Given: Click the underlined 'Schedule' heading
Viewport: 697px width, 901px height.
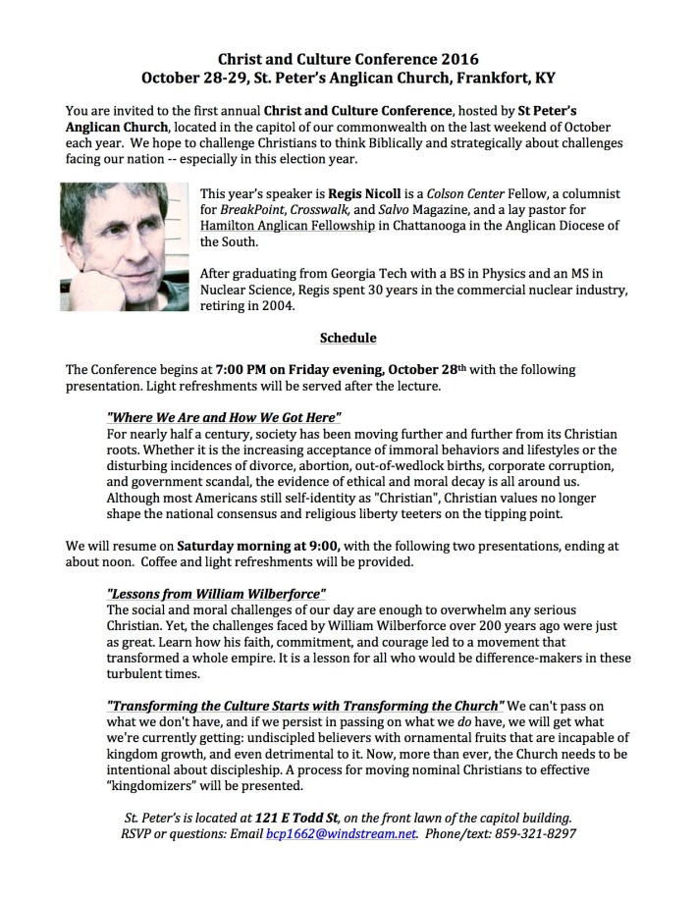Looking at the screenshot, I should point(348,339).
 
